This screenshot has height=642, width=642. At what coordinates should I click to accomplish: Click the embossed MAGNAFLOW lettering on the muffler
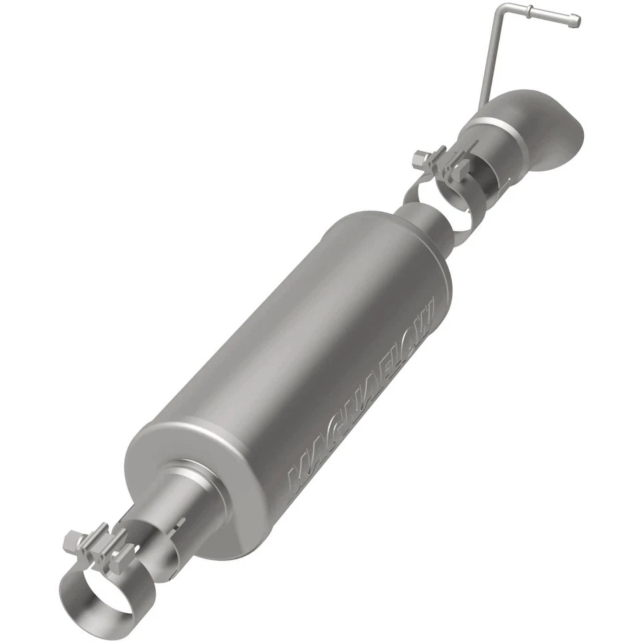pyautogui.click(x=364, y=395)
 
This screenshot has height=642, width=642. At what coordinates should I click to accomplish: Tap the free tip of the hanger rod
pyautogui.click(x=576, y=21)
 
